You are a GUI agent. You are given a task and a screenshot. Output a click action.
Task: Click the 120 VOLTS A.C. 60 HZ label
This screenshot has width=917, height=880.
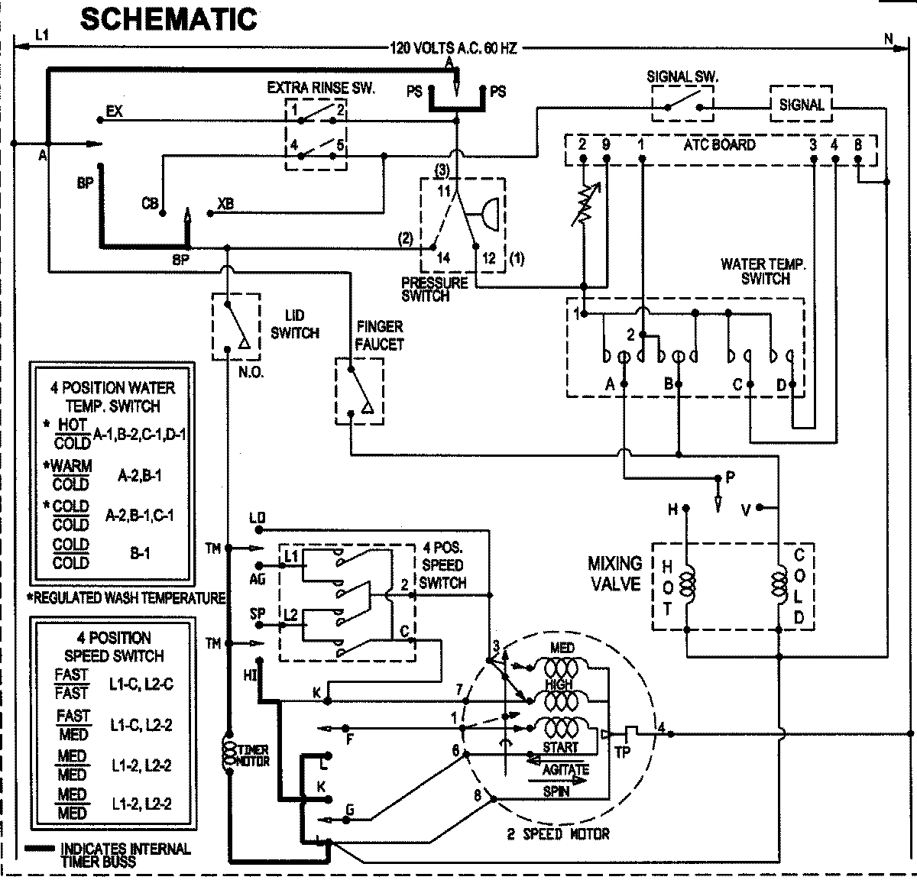point(453,48)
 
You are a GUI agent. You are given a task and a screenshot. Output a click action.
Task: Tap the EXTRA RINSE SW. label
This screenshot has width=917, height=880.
point(320,88)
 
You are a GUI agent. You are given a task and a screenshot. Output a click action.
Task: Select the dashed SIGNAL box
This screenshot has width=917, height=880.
point(801,105)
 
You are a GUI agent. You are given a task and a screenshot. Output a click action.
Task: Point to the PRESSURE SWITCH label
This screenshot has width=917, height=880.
point(434,290)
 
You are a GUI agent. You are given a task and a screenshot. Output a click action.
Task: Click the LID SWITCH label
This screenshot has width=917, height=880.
point(294,325)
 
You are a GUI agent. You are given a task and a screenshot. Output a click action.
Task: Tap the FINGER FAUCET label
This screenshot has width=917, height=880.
point(378,336)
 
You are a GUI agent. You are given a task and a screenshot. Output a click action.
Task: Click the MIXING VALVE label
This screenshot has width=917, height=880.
point(614,573)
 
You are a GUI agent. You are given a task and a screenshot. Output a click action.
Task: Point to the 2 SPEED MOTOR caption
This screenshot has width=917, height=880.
point(559,833)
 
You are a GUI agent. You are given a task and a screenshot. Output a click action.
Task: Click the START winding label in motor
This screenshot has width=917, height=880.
point(560,746)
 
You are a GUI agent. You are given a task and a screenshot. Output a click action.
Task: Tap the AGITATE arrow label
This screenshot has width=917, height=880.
point(565,768)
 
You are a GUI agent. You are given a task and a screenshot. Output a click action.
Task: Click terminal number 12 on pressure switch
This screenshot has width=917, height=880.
point(489,258)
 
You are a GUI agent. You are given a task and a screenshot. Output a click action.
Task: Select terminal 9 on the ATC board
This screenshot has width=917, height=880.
point(605,144)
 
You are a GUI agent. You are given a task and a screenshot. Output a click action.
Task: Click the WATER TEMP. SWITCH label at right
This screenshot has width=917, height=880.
point(763,271)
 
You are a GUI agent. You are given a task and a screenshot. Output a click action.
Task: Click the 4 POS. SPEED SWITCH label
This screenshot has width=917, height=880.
point(442,565)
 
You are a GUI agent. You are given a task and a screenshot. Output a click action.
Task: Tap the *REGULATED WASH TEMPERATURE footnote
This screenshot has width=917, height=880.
point(126,597)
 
